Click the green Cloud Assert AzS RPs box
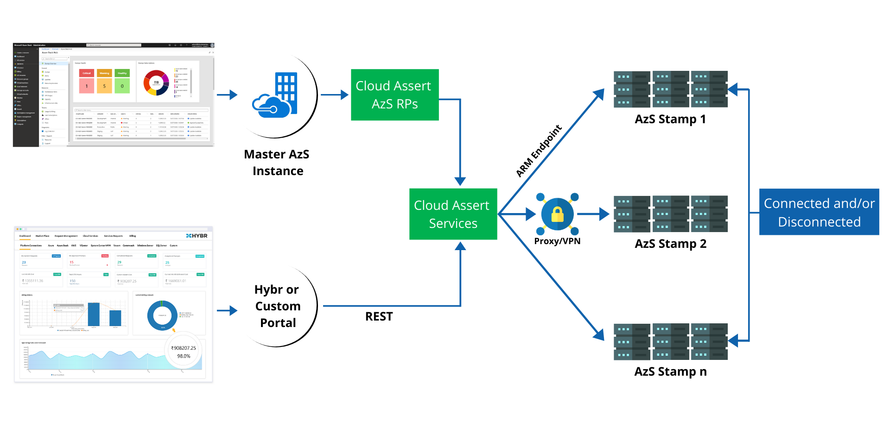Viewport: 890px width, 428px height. (x=394, y=95)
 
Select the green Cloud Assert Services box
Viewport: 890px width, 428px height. (x=453, y=214)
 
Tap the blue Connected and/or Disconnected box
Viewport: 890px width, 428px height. (x=819, y=212)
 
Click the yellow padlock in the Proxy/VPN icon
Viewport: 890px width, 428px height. (x=557, y=214)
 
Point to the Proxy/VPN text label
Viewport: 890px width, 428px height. (x=557, y=241)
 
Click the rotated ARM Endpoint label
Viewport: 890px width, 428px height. (x=539, y=151)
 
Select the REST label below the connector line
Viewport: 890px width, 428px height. (x=379, y=317)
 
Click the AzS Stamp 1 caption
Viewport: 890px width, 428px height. (x=670, y=120)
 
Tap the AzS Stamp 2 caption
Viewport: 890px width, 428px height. (x=670, y=244)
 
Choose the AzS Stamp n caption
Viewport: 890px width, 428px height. (x=670, y=372)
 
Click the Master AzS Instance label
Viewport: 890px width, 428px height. (x=277, y=163)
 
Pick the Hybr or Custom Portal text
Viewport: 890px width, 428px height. (x=277, y=306)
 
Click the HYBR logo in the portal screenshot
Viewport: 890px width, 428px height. (x=197, y=236)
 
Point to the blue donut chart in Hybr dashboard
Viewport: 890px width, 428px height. (x=162, y=316)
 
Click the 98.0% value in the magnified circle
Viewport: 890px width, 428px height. (x=184, y=356)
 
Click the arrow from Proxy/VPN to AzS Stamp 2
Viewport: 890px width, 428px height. (x=593, y=214)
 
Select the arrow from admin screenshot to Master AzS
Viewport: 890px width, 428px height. (x=227, y=95)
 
